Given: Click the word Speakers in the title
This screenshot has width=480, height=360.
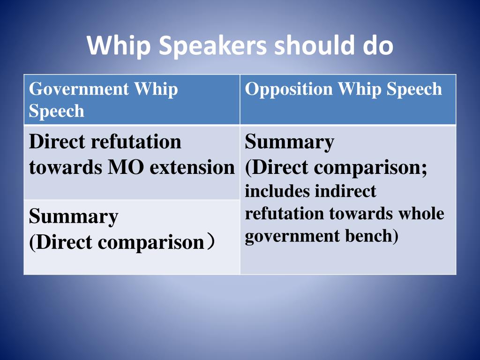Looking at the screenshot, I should pyautogui.click(x=213, y=46).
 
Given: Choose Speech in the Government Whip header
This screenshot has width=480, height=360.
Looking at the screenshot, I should pyautogui.click(x=56, y=111).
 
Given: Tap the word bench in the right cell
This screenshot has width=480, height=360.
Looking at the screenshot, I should pyautogui.click(x=372, y=236).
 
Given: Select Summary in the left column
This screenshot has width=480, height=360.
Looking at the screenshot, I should pyautogui.click(x=73, y=217).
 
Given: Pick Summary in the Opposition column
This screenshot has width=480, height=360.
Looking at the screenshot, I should pyautogui.click(x=289, y=142).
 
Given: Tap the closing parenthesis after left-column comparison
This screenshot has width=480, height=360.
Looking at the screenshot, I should pyautogui.click(x=211, y=242).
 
